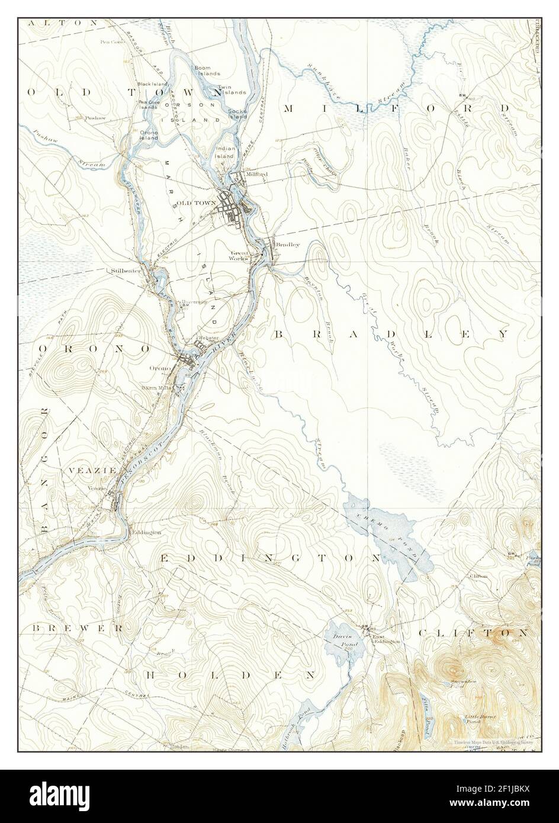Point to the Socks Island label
[237, 114]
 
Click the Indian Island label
[225, 152]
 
